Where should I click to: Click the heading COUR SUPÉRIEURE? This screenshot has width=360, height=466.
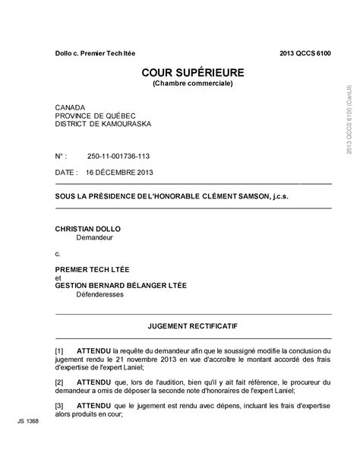(x=192, y=72)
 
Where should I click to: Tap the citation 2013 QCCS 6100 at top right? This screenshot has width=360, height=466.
(x=305, y=52)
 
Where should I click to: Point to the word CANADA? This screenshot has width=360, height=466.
(x=71, y=108)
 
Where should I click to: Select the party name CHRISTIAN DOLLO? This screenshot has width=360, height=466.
(x=88, y=228)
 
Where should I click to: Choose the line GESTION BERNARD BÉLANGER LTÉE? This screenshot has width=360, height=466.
(x=121, y=285)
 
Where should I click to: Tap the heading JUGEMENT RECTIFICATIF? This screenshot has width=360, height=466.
(x=193, y=325)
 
